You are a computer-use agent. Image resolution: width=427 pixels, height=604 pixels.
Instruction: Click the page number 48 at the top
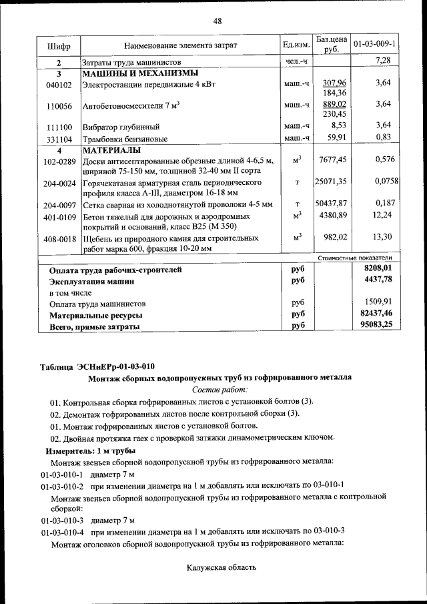pos(218,21)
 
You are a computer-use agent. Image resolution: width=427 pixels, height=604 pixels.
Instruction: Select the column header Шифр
pos(59,45)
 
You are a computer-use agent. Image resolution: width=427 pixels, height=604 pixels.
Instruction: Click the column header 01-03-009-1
pos(374,45)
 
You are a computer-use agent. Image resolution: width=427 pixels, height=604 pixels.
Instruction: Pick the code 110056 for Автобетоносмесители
pos(59,106)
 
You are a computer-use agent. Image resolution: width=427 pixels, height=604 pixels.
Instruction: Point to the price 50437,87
pos(332,204)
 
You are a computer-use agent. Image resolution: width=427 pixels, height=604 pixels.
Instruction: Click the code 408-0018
pos(59,238)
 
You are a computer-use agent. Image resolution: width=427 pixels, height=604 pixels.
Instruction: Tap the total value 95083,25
pos(374,325)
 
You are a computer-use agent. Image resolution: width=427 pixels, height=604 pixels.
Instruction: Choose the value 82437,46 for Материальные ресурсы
pos(374,313)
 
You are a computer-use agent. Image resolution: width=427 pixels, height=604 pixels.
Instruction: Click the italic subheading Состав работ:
pos(220,388)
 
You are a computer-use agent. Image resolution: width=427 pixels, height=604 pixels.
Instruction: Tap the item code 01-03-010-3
pos(62,519)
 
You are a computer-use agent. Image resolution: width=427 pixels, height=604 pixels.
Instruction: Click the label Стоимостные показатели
pos(354,258)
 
